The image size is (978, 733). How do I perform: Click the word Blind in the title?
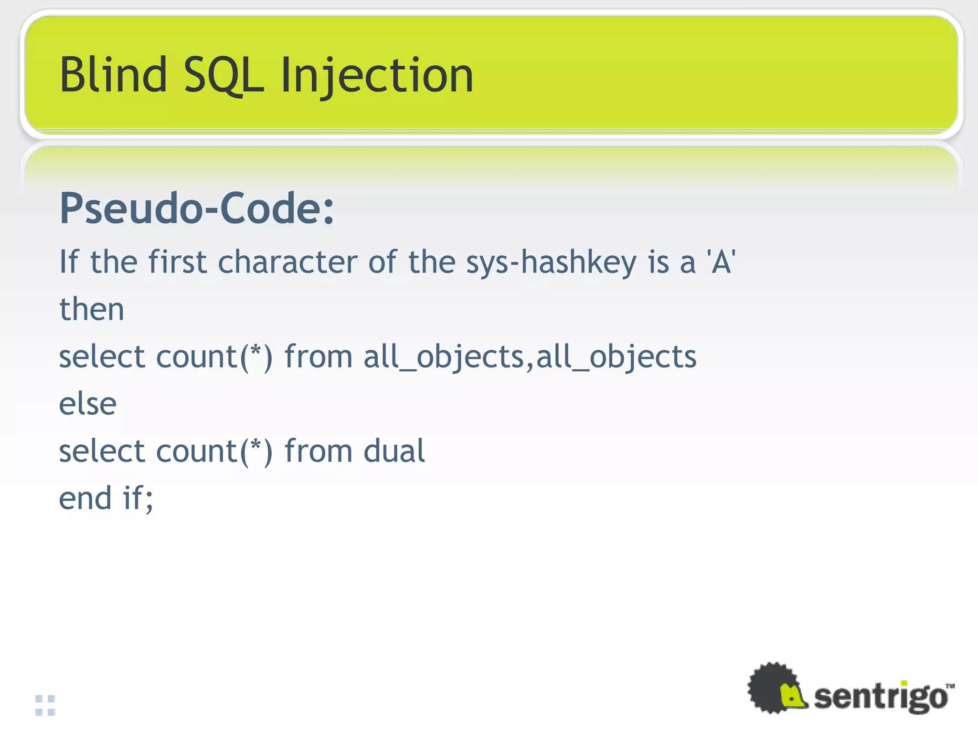coord(113,75)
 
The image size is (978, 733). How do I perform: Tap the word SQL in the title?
coord(223,75)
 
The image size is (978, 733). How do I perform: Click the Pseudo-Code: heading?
coord(197,209)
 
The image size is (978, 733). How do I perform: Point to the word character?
coord(287,262)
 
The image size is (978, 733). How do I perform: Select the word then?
coord(92,309)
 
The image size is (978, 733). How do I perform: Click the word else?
coord(87,404)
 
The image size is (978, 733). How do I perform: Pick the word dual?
coord(394,451)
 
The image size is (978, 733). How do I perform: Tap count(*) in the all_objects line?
coord(214,357)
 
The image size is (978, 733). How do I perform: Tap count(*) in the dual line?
coord(214,451)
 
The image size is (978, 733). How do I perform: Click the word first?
coord(178,262)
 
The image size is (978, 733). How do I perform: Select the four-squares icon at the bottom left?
coord(45,705)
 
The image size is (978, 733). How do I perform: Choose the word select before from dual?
coord(102,451)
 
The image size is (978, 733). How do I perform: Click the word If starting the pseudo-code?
coord(69,262)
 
